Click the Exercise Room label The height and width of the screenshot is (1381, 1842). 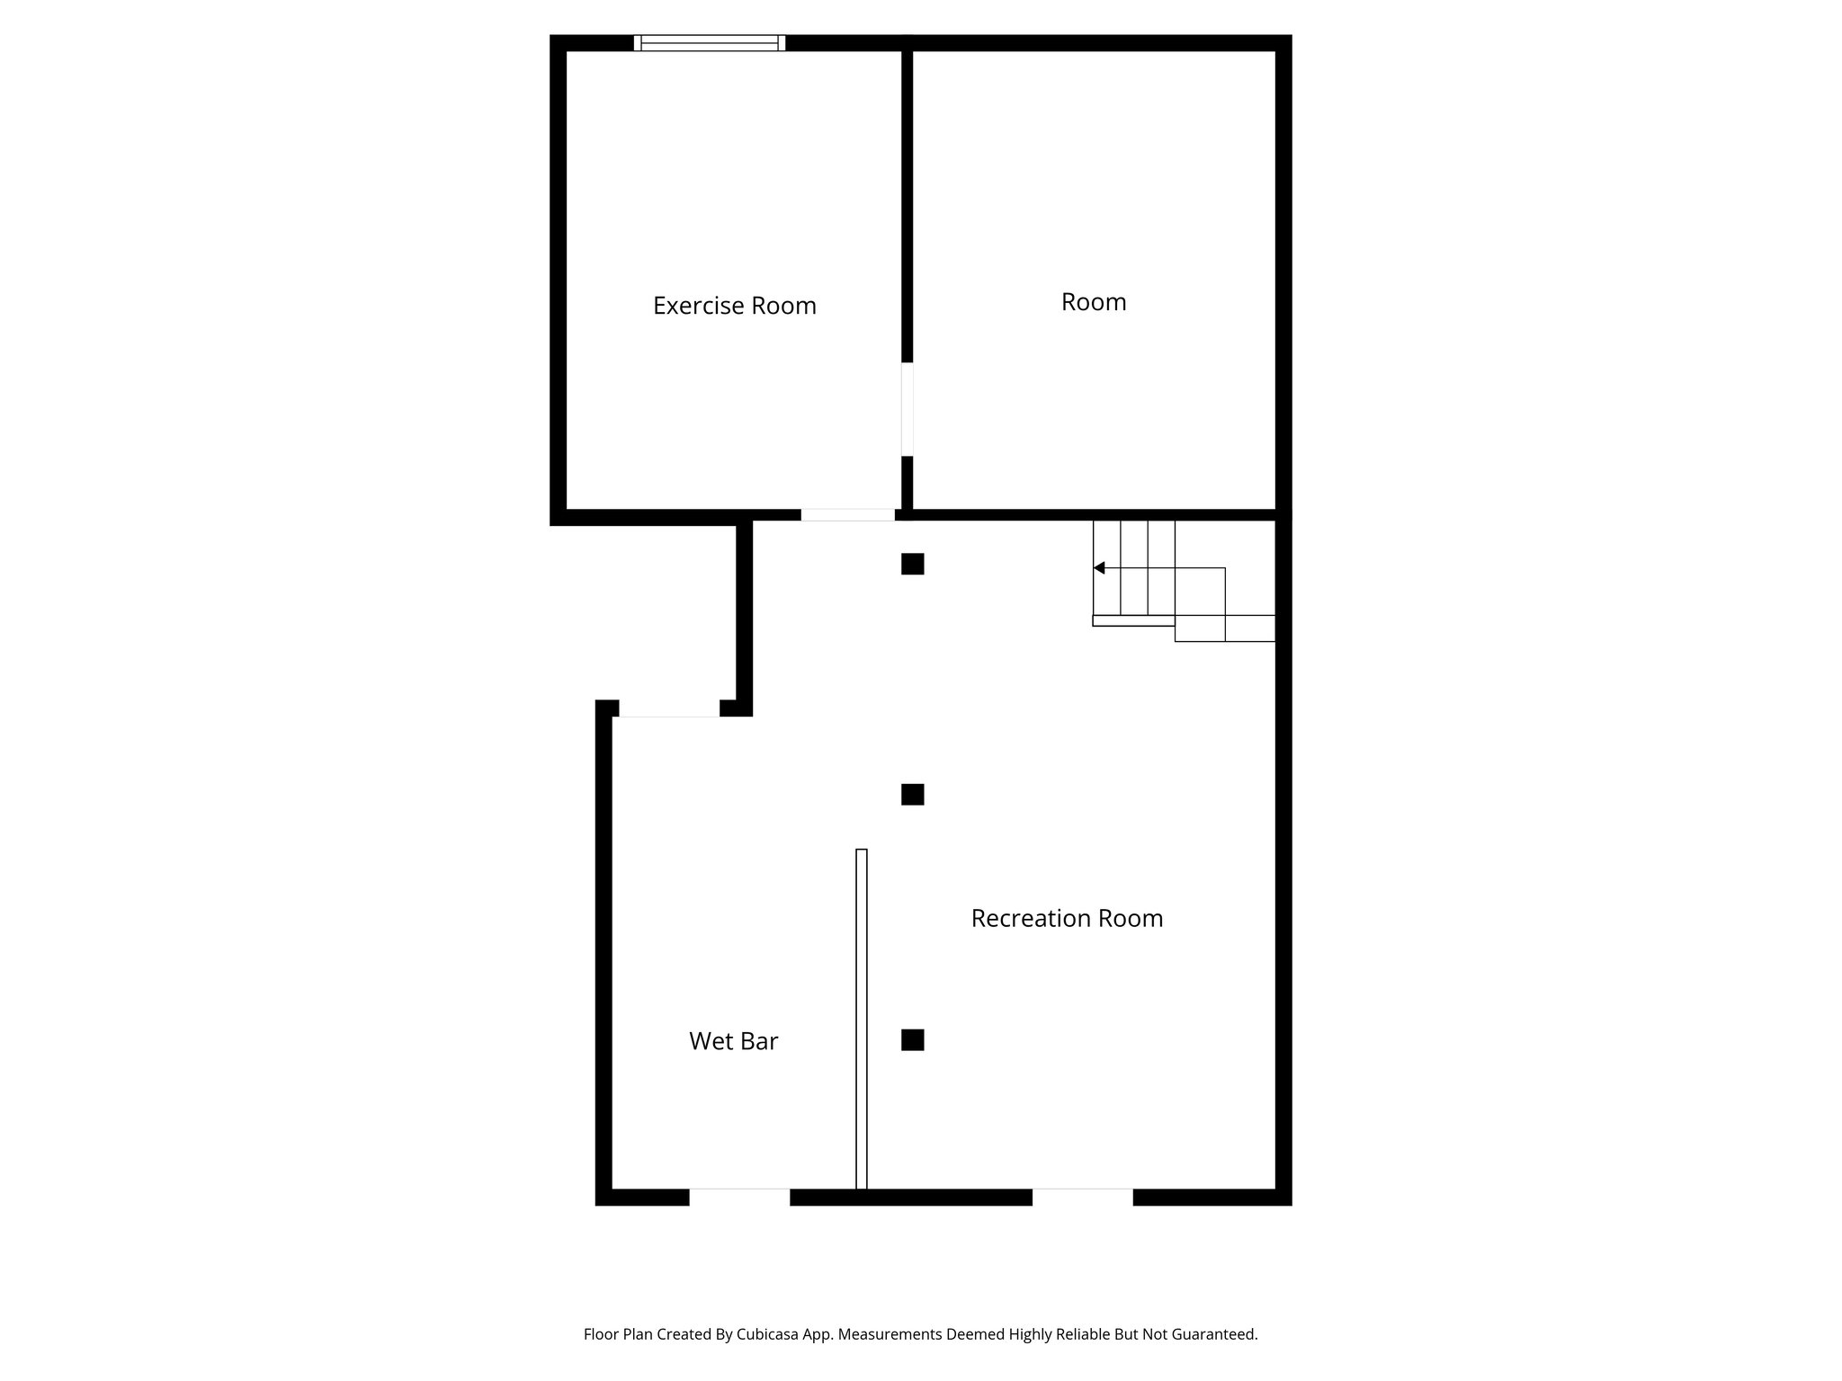pyautogui.click(x=734, y=306)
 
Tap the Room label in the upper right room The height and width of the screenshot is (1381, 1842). pyautogui.click(x=1093, y=302)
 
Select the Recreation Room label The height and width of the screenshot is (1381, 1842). pyautogui.click(x=1067, y=918)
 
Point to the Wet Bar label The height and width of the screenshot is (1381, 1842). pyautogui.click(x=733, y=1041)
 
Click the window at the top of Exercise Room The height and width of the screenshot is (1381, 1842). pyautogui.click(x=710, y=42)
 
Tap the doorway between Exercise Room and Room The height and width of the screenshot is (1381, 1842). pyautogui.click(x=907, y=409)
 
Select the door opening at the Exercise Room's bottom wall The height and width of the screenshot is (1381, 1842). pyautogui.click(x=847, y=515)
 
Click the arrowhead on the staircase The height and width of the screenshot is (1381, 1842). pyautogui.click(x=1099, y=568)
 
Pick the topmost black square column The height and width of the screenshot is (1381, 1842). pyautogui.click(x=912, y=564)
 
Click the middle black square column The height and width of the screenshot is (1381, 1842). pyautogui.click(x=912, y=795)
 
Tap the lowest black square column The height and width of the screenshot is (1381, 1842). pyautogui.click(x=912, y=1040)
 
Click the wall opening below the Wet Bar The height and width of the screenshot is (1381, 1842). pyautogui.click(x=739, y=1197)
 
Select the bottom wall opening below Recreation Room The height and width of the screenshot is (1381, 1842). pyautogui.click(x=1082, y=1197)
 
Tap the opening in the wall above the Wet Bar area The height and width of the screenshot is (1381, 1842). pyautogui.click(x=669, y=708)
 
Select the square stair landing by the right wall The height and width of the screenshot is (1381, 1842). pyautogui.click(x=1250, y=592)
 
